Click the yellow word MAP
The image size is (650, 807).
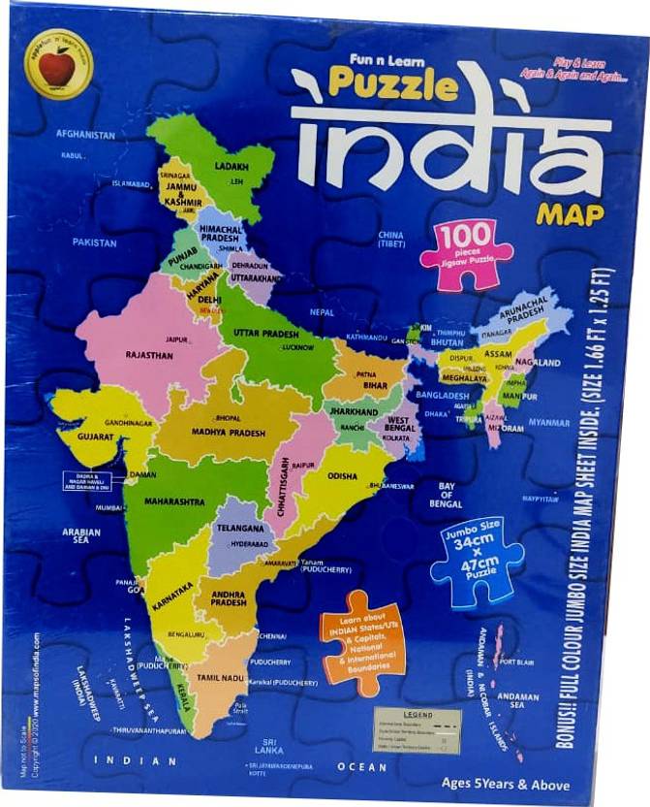[x=570, y=212]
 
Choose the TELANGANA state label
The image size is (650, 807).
[x=240, y=528]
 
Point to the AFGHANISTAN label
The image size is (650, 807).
[x=85, y=134]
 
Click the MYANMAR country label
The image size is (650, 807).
[x=548, y=423]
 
